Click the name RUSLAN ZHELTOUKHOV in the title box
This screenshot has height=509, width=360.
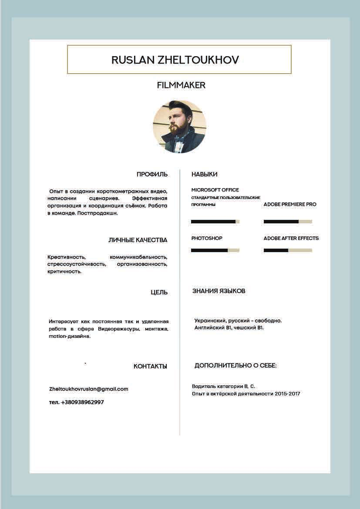[175, 60]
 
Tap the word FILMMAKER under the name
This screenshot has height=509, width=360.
[181, 85]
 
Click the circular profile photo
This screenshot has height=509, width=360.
[179, 127]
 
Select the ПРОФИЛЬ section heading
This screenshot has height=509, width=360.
[152, 174]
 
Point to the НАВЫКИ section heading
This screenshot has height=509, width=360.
[204, 174]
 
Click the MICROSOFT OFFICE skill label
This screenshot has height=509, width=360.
[215, 190]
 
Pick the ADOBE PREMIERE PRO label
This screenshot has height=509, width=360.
[290, 204]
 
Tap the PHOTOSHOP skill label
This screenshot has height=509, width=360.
[207, 238]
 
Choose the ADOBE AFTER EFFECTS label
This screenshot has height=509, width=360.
[291, 238]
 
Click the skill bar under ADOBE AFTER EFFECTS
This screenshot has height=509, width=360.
[288, 250]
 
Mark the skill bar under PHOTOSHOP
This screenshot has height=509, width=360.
[215, 250]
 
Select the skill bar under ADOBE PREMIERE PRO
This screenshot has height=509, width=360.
[288, 222]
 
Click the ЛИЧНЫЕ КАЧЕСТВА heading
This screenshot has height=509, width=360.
[138, 240]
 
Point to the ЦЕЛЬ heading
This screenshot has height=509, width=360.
[159, 292]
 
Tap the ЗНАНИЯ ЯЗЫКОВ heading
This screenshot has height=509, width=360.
[219, 291]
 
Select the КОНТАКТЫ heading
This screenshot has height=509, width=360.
[150, 366]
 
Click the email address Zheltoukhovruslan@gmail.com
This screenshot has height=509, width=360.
[89, 389]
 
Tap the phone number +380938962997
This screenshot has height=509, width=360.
[82, 402]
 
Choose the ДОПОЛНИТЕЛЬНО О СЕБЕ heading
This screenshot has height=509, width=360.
[236, 365]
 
